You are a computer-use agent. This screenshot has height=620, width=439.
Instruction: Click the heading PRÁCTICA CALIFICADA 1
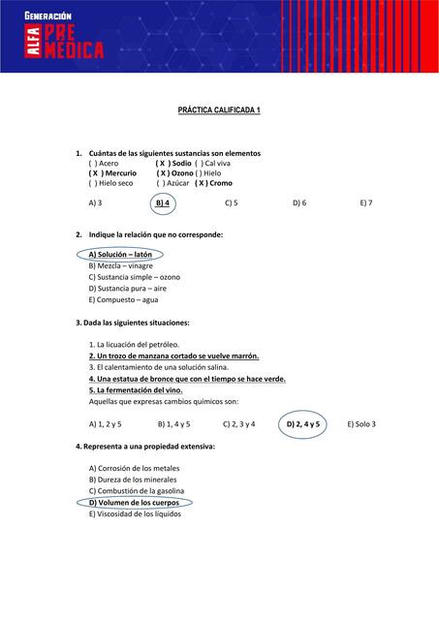[x=219, y=111]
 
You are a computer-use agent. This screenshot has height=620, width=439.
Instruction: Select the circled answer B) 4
[x=163, y=203]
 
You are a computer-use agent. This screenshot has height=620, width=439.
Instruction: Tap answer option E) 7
[x=365, y=203]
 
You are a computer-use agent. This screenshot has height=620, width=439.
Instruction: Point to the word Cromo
[x=220, y=183]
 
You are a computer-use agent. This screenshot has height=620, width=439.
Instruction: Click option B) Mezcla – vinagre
[x=120, y=265]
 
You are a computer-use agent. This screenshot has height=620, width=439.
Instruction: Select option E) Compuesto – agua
[x=122, y=299]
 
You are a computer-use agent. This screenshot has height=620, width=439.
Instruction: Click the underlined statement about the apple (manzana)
[x=173, y=356]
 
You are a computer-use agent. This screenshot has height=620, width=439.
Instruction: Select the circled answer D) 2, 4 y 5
[x=303, y=424]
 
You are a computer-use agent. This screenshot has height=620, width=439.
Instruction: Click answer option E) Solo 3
[x=361, y=424]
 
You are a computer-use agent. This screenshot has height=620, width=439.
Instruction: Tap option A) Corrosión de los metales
[x=134, y=469]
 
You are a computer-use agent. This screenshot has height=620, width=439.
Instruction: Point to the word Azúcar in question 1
[x=177, y=183]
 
